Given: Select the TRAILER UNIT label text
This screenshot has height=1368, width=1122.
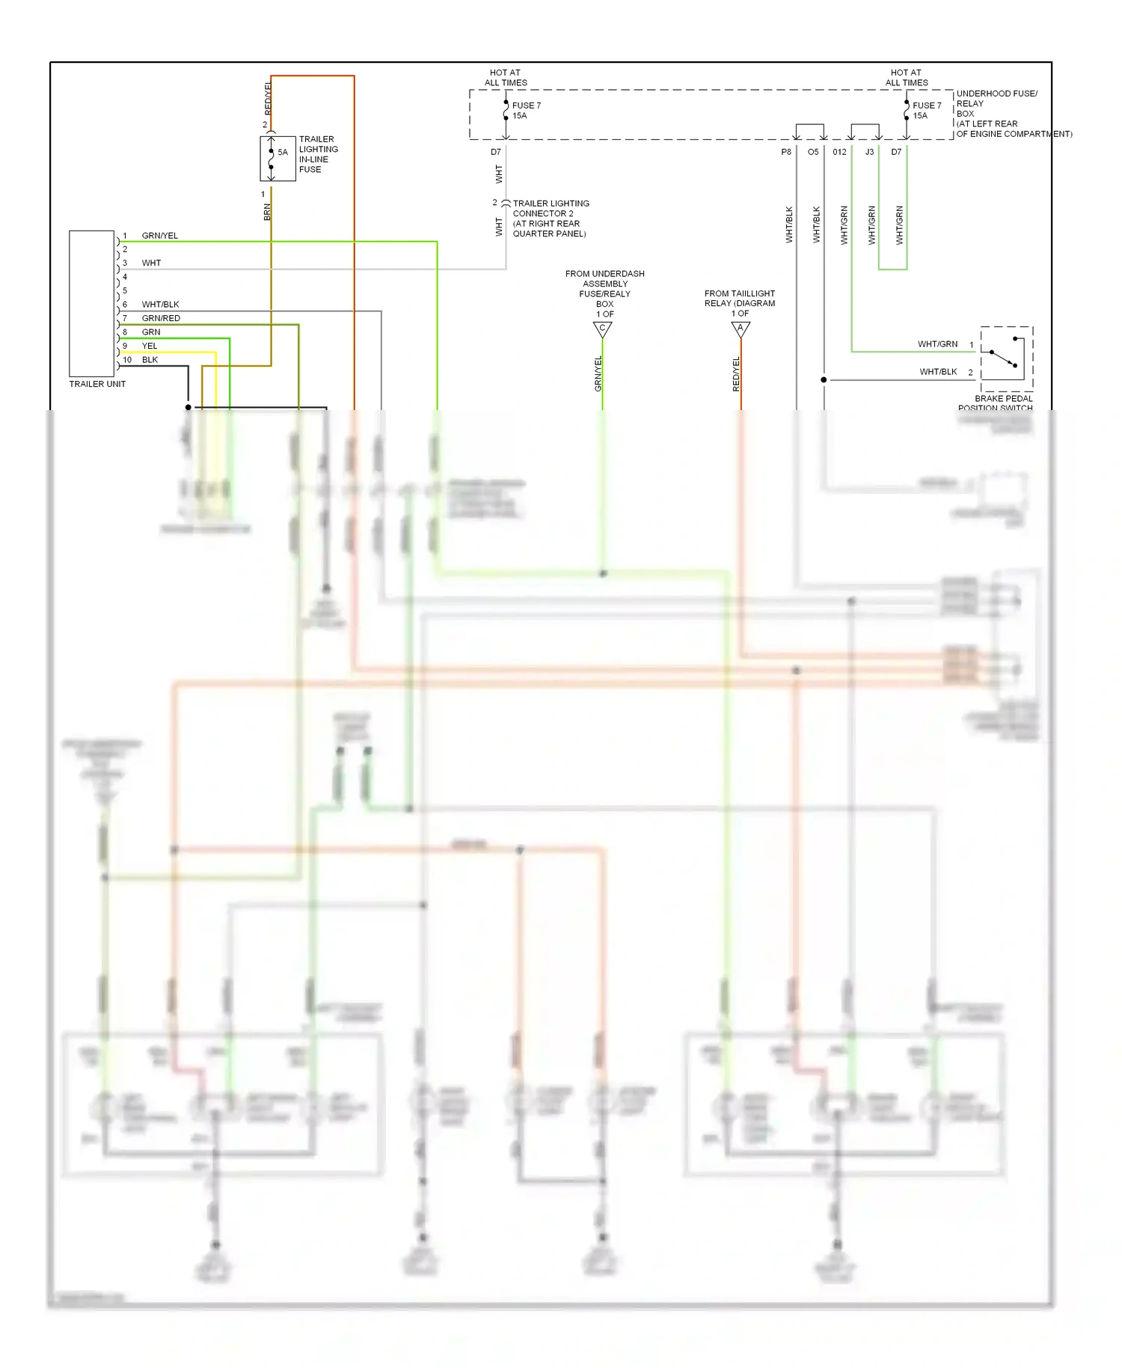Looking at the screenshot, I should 97,384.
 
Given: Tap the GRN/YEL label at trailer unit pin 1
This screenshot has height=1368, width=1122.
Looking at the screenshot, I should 159,236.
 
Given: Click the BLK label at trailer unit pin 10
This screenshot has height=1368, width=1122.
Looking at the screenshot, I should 150,360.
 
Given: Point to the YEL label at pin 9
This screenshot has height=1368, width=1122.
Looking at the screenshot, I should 150,346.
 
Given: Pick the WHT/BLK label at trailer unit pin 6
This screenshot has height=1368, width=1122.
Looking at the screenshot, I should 160,305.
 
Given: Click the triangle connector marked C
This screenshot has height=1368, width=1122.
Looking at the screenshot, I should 602,329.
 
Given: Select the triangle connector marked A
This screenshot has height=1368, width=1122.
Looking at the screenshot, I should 741,329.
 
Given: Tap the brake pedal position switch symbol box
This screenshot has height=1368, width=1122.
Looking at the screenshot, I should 1006,358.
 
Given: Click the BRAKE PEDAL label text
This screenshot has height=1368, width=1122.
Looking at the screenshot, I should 1003,399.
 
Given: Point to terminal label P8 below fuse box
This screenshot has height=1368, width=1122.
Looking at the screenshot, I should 786,152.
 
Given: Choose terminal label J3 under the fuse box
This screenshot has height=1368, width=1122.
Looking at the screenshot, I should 869,152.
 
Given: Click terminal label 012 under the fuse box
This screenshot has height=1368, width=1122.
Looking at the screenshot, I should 839,152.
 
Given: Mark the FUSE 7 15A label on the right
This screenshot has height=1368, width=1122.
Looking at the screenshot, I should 926,111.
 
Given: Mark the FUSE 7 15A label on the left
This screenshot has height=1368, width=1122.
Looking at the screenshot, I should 526,111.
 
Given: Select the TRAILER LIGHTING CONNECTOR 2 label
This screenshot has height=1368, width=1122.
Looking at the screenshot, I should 551,209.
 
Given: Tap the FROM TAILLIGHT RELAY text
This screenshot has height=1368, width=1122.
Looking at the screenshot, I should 739,299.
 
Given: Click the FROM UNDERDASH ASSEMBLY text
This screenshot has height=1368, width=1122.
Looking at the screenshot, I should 604,279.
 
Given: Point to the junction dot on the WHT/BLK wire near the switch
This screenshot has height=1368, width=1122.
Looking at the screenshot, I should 824,380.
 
